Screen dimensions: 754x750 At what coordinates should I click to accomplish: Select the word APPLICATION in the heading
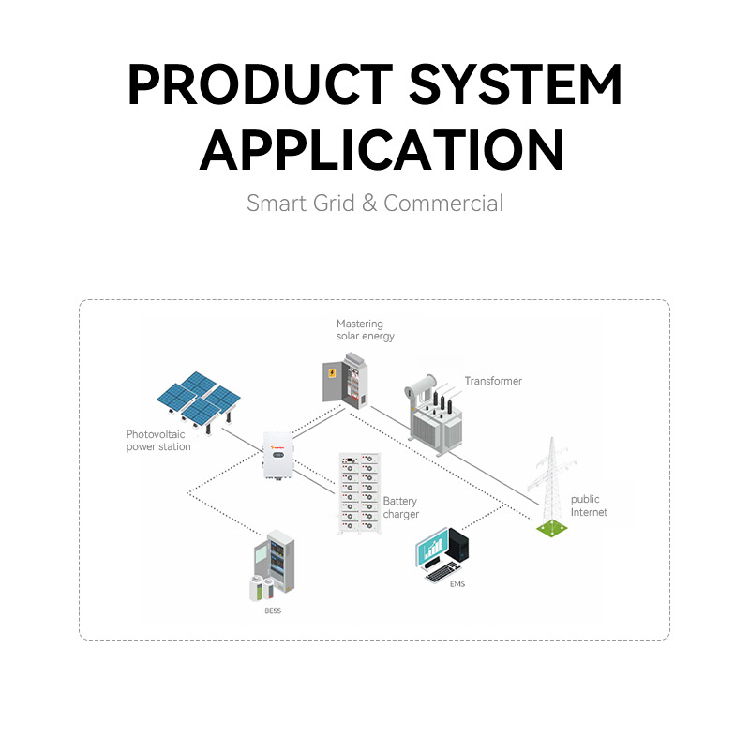(x=382, y=148)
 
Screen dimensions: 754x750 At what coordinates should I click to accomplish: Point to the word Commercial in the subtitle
(x=443, y=203)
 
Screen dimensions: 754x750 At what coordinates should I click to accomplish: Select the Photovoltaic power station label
(x=158, y=441)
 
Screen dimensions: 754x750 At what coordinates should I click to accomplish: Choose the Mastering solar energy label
(x=366, y=330)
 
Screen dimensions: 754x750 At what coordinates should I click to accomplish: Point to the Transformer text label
(x=493, y=381)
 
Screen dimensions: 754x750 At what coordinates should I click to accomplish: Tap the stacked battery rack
(x=361, y=492)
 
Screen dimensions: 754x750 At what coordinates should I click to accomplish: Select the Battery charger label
(x=401, y=508)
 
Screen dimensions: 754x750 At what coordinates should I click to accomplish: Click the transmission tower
(x=550, y=488)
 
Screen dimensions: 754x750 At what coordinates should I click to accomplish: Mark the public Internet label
(x=590, y=505)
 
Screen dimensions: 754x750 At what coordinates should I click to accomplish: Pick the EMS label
(x=457, y=584)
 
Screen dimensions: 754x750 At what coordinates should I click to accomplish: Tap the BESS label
(x=272, y=611)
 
